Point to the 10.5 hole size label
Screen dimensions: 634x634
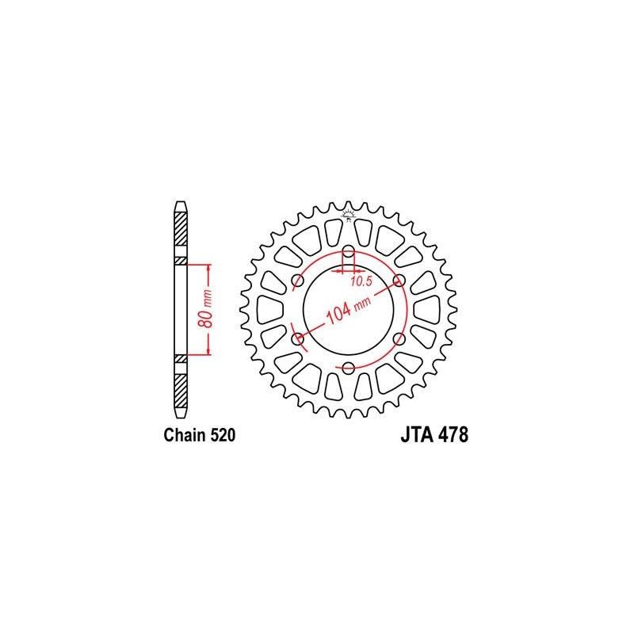click(x=361, y=281)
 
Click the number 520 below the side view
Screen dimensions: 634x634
click(x=220, y=435)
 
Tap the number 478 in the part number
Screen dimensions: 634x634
click(x=449, y=435)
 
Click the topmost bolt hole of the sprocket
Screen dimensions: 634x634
click(x=349, y=251)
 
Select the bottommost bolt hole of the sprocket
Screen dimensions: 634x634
click(x=349, y=368)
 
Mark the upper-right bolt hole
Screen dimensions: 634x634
click(x=399, y=281)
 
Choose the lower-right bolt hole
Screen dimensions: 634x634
click(x=399, y=338)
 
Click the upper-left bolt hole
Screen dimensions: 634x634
click(x=298, y=281)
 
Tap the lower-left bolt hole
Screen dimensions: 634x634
click(x=298, y=338)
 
